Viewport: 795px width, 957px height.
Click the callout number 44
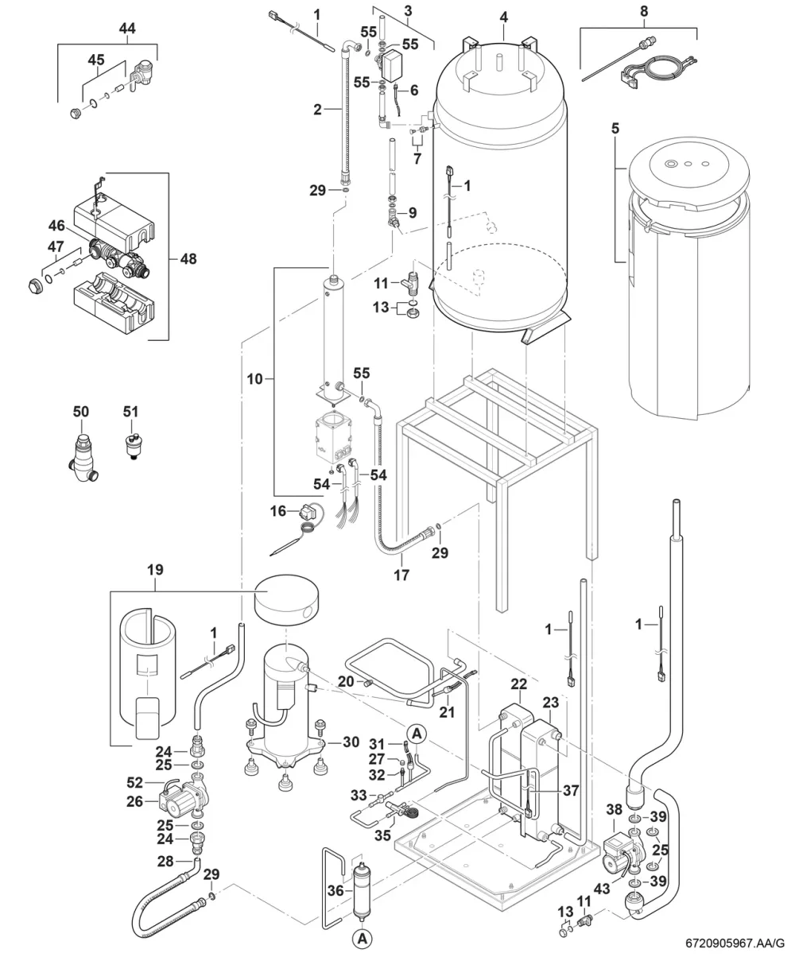[127, 29]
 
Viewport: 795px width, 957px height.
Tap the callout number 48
[188, 259]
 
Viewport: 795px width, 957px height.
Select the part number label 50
[81, 412]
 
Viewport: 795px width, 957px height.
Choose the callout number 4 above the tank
[504, 17]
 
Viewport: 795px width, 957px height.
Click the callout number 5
[615, 128]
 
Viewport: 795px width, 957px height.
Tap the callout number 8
[644, 11]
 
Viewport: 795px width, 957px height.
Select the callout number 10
[255, 379]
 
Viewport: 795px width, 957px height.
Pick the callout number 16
[277, 511]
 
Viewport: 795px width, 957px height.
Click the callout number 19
[155, 570]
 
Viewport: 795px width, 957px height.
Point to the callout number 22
[518, 684]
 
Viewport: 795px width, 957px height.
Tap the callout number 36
[335, 890]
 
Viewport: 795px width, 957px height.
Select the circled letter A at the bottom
[363, 938]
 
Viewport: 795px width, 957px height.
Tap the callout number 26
[135, 802]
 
